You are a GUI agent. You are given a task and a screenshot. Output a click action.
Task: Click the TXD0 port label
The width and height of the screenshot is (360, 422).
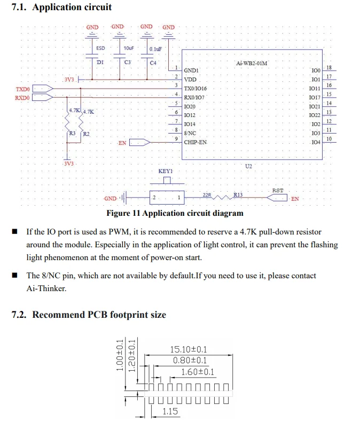(x=23, y=89)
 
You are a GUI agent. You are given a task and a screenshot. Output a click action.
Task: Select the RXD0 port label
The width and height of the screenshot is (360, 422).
(x=22, y=97)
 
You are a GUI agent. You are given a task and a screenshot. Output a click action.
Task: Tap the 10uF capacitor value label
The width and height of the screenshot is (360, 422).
(x=128, y=48)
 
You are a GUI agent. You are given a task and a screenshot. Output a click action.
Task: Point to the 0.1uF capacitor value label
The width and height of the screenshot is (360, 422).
(x=155, y=49)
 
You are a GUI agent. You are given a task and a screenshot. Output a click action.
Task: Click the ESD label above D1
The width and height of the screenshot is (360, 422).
(x=100, y=48)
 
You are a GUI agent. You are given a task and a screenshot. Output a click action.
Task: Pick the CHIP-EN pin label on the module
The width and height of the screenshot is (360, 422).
(x=195, y=143)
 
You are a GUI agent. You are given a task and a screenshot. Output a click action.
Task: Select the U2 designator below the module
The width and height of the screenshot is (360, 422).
(x=248, y=167)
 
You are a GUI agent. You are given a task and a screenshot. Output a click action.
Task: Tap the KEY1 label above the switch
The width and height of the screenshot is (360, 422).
(x=166, y=171)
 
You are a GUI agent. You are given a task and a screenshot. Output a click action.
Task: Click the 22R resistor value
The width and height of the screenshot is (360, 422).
(x=207, y=195)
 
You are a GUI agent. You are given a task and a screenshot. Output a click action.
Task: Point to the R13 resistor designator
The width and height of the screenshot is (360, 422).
(x=238, y=195)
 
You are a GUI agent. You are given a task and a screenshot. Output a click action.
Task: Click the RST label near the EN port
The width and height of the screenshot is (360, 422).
(x=278, y=191)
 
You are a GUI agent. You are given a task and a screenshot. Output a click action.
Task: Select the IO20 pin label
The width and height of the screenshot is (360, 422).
(x=190, y=107)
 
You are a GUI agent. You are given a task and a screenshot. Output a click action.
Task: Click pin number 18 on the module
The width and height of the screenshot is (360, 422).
(x=329, y=68)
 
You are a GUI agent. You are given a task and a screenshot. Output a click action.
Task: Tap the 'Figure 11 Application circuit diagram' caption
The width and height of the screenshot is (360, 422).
(x=175, y=213)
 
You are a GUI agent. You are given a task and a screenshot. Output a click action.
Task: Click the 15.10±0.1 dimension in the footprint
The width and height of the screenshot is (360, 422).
(x=188, y=350)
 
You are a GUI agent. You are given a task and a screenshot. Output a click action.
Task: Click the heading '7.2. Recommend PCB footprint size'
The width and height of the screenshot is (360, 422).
(x=89, y=315)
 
